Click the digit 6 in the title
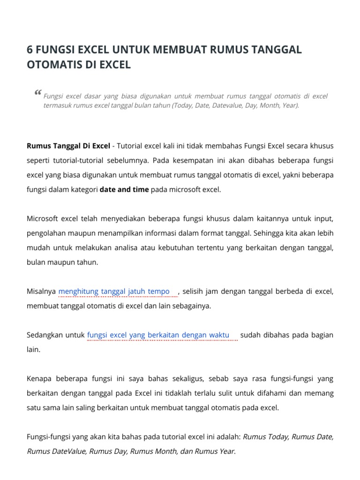(30, 50)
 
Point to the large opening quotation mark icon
(37, 93)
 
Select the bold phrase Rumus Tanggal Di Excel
(68, 146)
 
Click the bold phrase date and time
(124, 189)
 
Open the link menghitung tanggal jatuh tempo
(114, 292)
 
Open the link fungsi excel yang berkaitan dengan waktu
(158, 335)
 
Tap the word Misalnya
(41, 292)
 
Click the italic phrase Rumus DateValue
(56, 451)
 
